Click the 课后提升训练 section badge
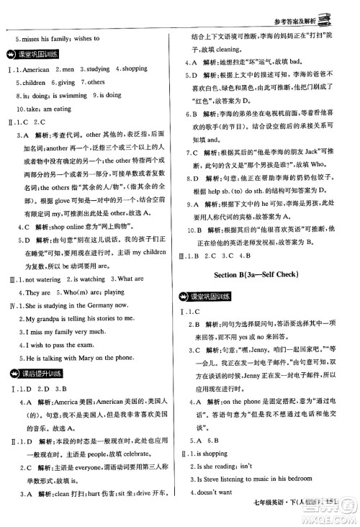coord(37,373)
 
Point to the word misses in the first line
coord(35,37)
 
